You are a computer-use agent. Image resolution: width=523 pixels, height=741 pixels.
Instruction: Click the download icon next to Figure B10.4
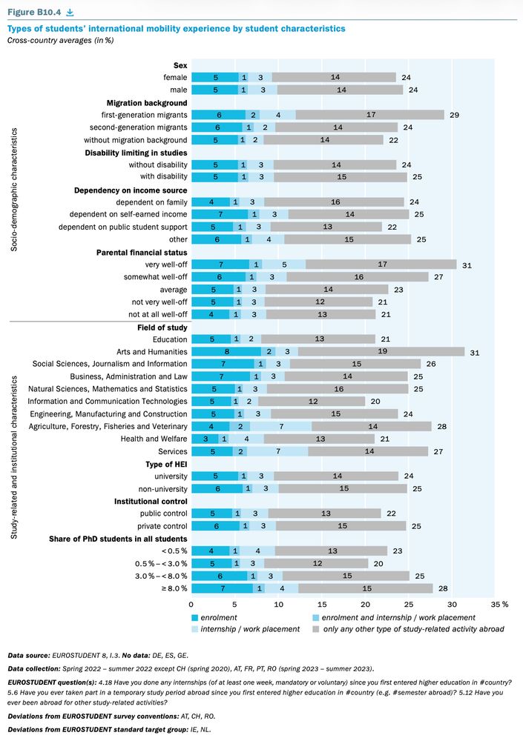coord(70,12)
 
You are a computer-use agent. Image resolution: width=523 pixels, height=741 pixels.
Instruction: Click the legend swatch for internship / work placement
coord(195,629)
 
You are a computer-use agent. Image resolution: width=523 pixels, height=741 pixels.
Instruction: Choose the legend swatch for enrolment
coord(195,617)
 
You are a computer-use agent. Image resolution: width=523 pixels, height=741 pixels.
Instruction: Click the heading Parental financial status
coord(142,253)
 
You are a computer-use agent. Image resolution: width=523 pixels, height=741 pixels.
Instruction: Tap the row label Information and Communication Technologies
coord(108,401)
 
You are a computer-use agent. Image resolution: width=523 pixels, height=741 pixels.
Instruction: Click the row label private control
coord(163,525)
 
